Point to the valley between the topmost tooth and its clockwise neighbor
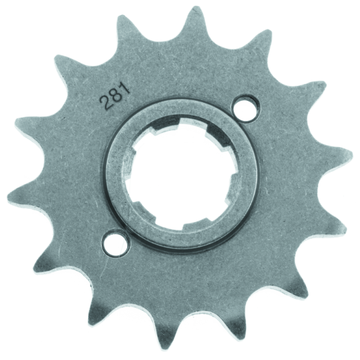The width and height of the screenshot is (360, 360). click(231, 42)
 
